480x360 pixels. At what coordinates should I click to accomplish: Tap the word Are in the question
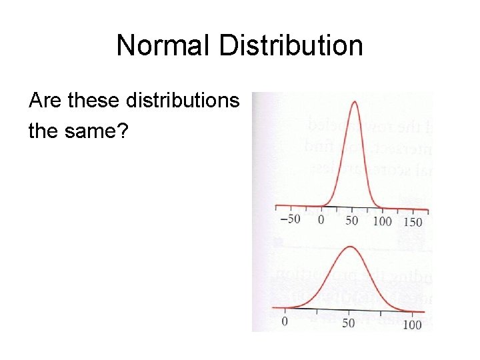point(45,101)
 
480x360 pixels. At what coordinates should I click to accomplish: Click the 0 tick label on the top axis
point(321,219)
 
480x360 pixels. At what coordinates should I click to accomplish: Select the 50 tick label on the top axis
point(351,219)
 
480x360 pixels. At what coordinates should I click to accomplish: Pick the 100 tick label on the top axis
point(383,221)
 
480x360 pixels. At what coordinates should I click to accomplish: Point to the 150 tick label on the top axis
point(413,221)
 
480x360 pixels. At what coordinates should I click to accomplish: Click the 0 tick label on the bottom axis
point(285,321)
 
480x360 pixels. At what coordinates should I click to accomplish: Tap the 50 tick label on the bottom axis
point(349,323)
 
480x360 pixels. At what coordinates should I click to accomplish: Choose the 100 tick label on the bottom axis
point(413,325)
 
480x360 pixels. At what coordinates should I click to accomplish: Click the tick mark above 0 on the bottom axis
point(285,311)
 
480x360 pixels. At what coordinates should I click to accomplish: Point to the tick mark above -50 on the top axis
point(290,210)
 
